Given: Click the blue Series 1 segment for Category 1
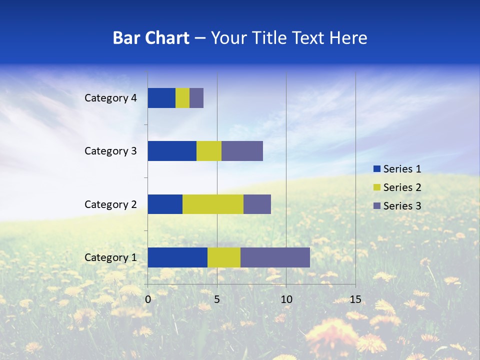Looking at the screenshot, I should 177,257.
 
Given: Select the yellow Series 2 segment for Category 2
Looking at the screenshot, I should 213,204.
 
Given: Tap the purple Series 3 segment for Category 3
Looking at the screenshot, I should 242,151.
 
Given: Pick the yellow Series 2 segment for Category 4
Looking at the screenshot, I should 182,98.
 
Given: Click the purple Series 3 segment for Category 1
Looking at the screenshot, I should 275,257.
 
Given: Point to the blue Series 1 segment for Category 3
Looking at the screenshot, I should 172,151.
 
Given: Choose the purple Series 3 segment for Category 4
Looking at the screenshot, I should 196,98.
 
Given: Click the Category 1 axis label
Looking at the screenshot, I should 110,257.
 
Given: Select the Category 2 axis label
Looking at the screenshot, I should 110,204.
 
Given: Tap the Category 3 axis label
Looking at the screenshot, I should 110,151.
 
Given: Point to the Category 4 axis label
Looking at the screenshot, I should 110,98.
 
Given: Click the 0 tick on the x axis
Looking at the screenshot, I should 148,299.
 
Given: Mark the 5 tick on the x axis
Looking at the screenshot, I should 217,299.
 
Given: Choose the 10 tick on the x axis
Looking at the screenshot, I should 286,299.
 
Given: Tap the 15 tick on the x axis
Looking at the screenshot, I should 355,299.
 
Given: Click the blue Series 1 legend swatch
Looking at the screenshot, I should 376,169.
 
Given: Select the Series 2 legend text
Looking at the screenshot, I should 402,187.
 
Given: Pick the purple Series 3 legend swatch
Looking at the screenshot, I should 376,206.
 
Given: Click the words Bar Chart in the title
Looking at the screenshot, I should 151,38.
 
